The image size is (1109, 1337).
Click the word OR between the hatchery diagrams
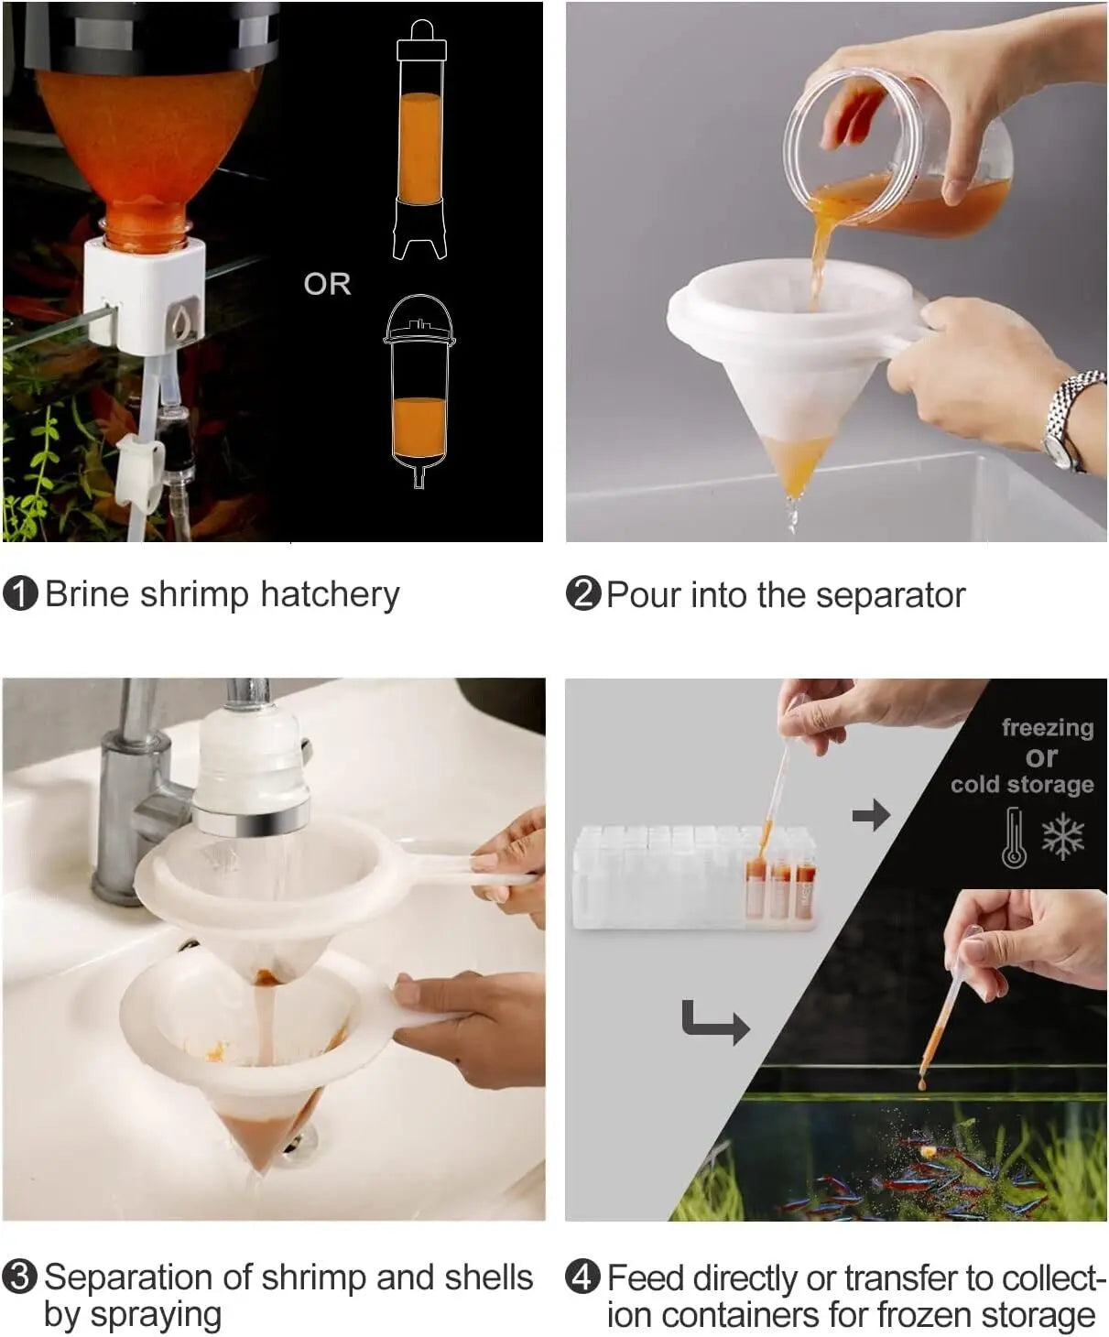tap(327, 284)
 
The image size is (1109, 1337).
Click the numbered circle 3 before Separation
tap(20, 1277)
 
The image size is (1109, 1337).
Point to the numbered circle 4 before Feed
tap(582, 1277)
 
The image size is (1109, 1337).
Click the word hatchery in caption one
tap(330, 595)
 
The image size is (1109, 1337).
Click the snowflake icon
tap(1063, 836)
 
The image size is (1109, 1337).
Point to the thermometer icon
tap(1015, 838)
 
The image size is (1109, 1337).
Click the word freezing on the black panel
tap(1048, 728)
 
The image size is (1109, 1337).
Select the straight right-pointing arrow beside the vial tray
tap(871, 816)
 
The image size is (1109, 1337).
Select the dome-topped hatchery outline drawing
tap(419, 391)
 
